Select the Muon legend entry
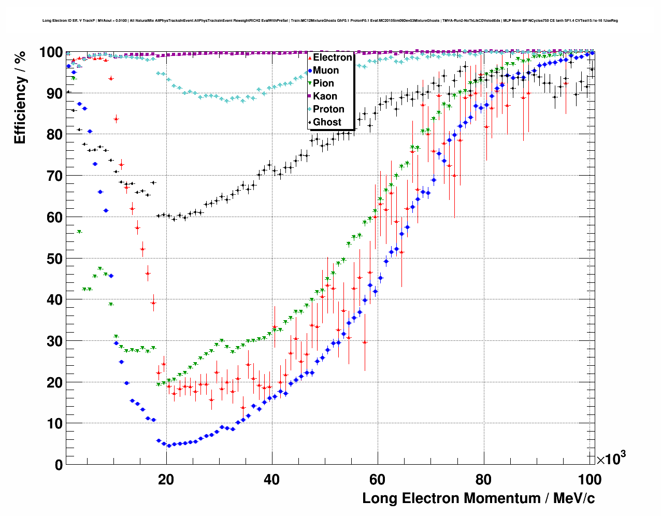tap(326, 70)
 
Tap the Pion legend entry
tap(323, 83)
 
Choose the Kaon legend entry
tap(325, 96)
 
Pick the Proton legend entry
tap(328, 109)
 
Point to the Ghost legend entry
tap(327, 122)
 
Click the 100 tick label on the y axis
tap(51, 52)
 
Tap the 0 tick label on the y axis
tap(59, 465)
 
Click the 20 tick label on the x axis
tap(166, 480)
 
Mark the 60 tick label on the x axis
tap(378, 480)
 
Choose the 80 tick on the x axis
tap(483, 480)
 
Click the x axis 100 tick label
tap(589, 480)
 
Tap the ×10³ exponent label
tap(611, 459)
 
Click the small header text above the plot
tap(330, 21)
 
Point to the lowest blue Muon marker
tap(169, 446)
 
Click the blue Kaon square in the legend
tap(309, 96)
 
